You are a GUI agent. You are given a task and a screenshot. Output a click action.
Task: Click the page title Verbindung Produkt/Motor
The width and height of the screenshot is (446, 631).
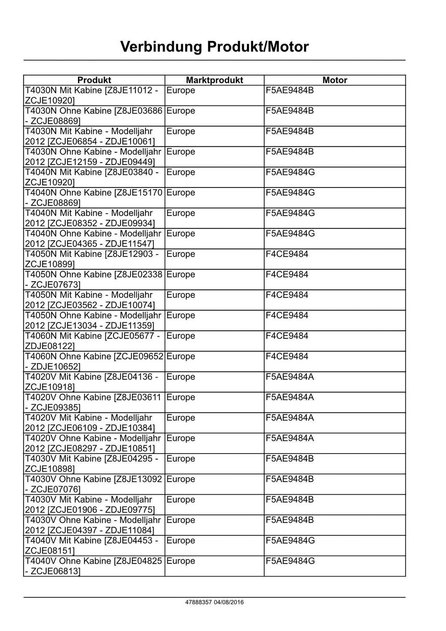(214, 47)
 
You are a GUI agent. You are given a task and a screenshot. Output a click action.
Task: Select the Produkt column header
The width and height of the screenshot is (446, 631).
(94, 80)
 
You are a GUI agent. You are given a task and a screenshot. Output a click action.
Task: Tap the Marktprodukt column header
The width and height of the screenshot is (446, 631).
(214, 80)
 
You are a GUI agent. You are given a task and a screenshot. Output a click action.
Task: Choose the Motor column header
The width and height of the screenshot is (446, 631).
(334, 80)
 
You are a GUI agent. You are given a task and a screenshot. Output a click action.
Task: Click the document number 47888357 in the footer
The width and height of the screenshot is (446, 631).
(199, 602)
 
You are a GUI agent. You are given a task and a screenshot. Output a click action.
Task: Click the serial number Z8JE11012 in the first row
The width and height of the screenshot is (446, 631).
(128, 91)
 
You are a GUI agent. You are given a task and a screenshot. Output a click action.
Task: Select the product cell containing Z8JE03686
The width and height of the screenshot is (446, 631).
(94, 116)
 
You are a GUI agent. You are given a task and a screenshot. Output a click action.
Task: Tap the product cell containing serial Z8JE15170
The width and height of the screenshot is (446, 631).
(94, 198)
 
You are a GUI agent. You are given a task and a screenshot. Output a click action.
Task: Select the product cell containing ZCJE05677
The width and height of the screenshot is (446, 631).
(94, 341)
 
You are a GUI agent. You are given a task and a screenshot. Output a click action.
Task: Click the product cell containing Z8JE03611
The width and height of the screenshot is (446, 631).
(94, 402)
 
